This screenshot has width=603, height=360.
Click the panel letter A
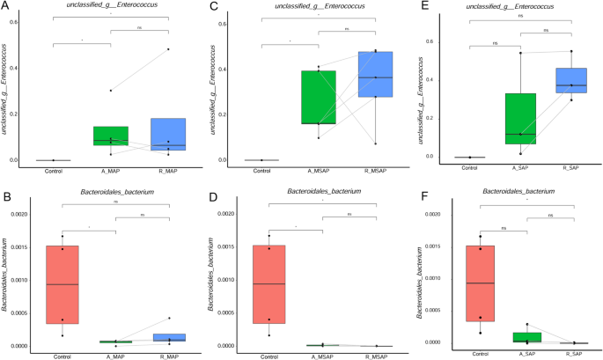pos(5,6)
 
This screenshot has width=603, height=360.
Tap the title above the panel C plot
pos(310,6)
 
